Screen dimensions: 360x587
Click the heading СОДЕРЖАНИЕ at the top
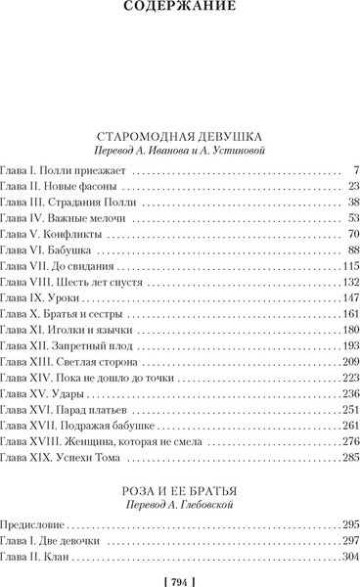[x=180, y=11]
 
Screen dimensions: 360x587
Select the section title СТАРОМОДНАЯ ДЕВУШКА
[x=180, y=136]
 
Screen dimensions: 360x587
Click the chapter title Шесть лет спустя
[x=99, y=282]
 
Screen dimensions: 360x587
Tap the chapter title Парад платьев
[x=89, y=411]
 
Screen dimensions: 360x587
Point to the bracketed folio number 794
[x=180, y=576]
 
